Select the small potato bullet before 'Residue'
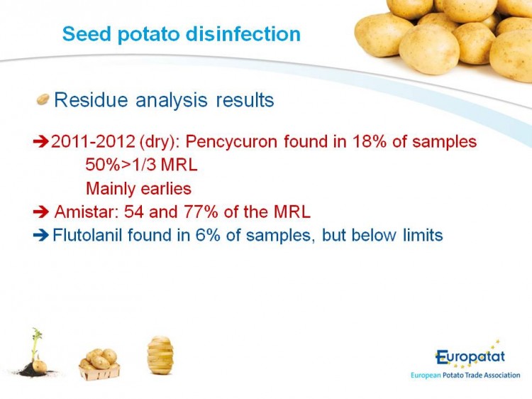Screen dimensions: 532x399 43,99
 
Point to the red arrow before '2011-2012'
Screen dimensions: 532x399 41,141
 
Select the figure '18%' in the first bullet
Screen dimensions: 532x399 369,141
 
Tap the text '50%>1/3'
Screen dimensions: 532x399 121,165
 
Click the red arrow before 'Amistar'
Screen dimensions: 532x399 41,212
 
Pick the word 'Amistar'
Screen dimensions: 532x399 86,212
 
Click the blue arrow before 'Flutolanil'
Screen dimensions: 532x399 41,235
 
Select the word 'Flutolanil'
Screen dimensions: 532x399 87,235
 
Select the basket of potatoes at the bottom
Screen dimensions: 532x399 99,364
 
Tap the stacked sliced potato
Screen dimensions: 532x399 160,355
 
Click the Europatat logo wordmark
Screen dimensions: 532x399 470,357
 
